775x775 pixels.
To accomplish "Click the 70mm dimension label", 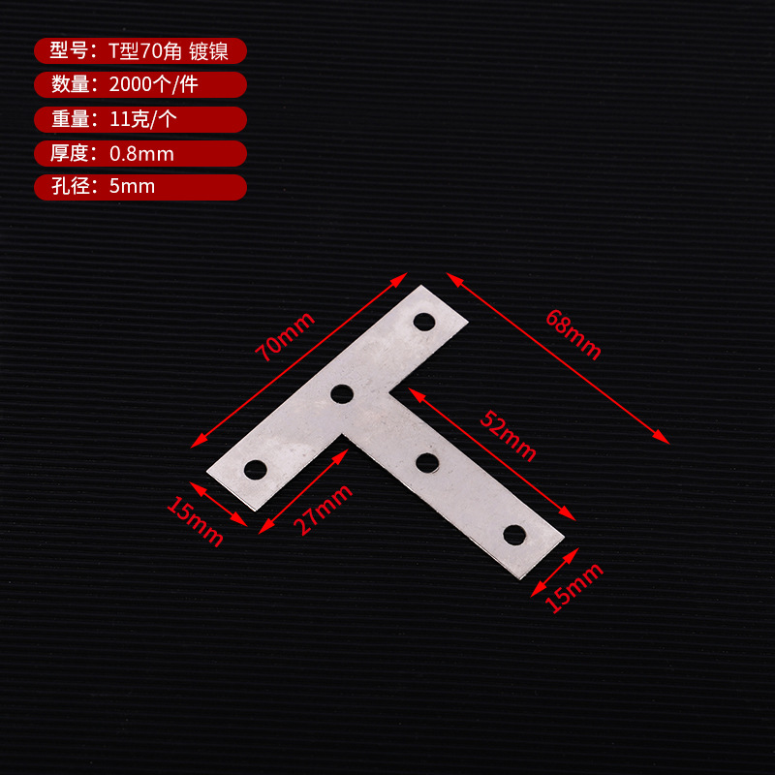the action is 286,336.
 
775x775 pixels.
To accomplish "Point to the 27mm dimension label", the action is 323,510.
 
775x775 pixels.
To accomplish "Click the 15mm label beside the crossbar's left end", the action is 195,520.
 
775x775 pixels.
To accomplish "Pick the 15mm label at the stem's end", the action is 574,587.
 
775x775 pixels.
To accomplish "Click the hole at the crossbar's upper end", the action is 423,320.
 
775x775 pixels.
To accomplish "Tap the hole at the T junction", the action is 341,393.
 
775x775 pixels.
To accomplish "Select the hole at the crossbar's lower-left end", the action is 255,470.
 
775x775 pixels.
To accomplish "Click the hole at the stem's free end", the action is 514,534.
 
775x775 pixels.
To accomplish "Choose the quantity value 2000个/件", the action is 154,85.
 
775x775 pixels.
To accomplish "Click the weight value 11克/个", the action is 142,119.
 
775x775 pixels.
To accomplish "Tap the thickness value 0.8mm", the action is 141,153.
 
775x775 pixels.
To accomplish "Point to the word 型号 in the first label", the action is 71,51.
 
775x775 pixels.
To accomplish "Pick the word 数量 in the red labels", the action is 71,85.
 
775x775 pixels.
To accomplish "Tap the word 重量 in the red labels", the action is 71,119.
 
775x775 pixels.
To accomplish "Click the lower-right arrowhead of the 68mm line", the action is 664,438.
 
